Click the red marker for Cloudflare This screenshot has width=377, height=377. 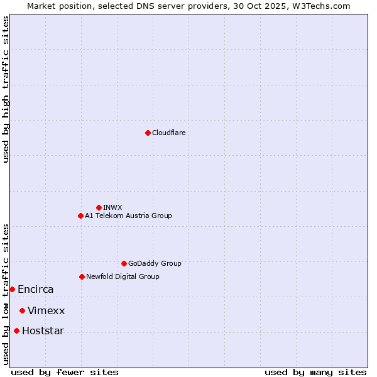pyautogui.click(x=148, y=133)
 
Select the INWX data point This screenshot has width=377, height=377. pyautogui.click(x=99, y=207)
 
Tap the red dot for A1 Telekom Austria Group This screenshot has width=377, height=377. pyautogui.click(x=80, y=216)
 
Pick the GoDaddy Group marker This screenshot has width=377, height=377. pyautogui.click(x=124, y=263)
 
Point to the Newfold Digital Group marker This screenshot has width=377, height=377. pyautogui.click(x=82, y=276)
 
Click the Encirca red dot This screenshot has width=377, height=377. pyautogui.click(x=12, y=289)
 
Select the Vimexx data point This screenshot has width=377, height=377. pyautogui.click(x=22, y=310)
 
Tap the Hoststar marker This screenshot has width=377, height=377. pyautogui.click(x=16, y=331)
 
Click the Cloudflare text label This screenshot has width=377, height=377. pyautogui.click(x=168, y=133)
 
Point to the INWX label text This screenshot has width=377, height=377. pyautogui.click(x=112, y=207)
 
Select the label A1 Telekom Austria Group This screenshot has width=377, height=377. pyautogui.click(x=128, y=216)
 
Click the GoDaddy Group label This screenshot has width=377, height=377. pyautogui.click(x=155, y=263)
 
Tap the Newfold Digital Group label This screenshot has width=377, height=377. pyautogui.click(x=123, y=276)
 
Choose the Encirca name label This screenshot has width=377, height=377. pyautogui.click(x=36, y=290)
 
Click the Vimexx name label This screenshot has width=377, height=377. pyautogui.click(x=46, y=311)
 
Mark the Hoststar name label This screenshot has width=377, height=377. pyautogui.click(x=43, y=331)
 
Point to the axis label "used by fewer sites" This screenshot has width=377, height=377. pyautogui.click(x=65, y=372)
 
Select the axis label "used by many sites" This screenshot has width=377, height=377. pyautogui.click(x=315, y=372)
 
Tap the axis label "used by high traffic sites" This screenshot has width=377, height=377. pyautogui.click(x=6, y=89)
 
